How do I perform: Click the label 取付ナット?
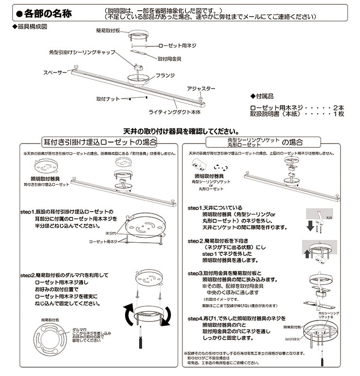[108, 98]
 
